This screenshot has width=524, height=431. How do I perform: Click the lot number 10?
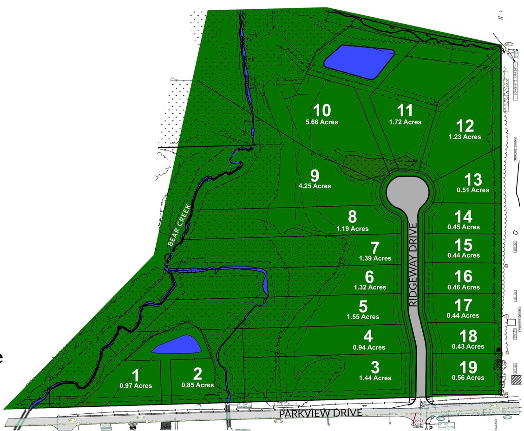[x=321, y=111]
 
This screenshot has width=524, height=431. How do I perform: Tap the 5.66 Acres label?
[x=321, y=122]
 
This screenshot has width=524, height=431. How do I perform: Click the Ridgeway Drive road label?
[x=413, y=264]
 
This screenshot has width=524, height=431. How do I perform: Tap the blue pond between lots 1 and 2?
[x=177, y=345]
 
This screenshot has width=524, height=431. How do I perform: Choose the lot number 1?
[x=136, y=375]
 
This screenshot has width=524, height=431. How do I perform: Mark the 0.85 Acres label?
[x=197, y=385]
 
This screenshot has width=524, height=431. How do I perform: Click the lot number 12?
[x=465, y=126]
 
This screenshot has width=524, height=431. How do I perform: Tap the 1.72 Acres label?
[x=405, y=122]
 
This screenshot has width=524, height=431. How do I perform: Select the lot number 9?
[x=314, y=176]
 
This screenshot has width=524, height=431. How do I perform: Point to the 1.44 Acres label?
[x=375, y=378]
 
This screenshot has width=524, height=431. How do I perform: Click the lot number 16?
[x=463, y=277]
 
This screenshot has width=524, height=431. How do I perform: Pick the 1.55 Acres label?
[x=363, y=317]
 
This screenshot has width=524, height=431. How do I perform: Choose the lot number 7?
[x=375, y=248]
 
